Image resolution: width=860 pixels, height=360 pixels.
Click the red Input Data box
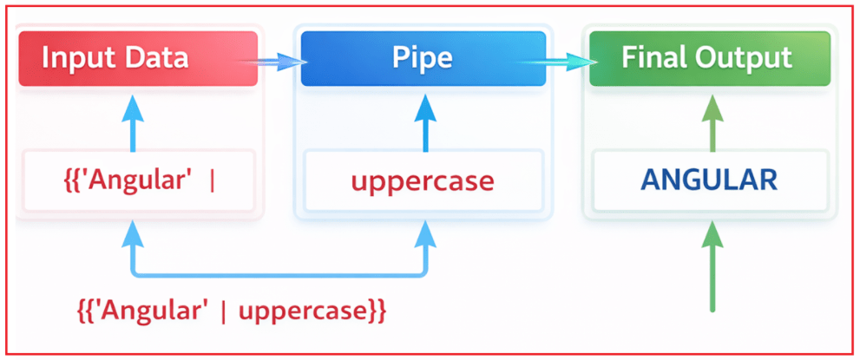(x=138, y=59)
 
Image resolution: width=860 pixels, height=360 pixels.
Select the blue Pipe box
(x=423, y=59)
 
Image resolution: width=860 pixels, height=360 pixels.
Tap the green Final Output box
(x=710, y=59)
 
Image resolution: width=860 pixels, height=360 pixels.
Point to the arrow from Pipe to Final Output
(x=567, y=61)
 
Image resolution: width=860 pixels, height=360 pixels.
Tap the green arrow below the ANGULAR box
(x=712, y=265)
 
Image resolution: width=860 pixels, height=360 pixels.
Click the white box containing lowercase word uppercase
(x=423, y=181)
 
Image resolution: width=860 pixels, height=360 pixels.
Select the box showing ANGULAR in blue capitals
(x=708, y=181)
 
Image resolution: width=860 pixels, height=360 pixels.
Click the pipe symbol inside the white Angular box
(x=213, y=182)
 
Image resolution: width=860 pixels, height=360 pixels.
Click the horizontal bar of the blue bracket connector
(x=278, y=275)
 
